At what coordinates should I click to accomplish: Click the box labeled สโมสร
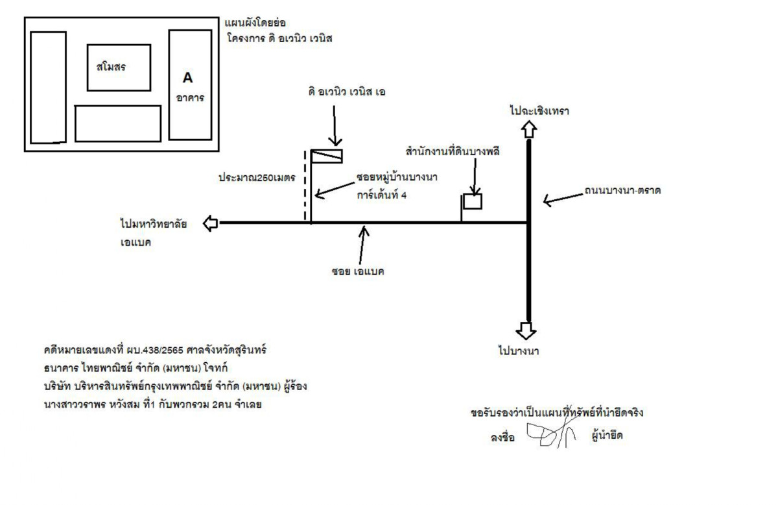click(119, 67)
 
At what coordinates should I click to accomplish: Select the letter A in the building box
click(187, 78)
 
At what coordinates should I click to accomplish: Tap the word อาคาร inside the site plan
click(190, 99)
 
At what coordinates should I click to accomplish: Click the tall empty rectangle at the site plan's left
click(48, 87)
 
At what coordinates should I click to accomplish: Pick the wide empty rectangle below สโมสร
click(117, 123)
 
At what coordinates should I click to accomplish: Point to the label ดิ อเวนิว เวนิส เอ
click(347, 92)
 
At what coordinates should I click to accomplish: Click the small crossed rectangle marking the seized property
click(327, 156)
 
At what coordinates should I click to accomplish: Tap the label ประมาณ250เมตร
click(257, 177)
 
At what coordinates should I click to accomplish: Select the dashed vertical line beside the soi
click(305, 185)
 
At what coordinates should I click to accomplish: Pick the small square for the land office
click(473, 201)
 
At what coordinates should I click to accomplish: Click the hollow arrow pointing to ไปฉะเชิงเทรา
click(529, 130)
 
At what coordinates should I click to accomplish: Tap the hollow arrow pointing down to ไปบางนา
click(526, 330)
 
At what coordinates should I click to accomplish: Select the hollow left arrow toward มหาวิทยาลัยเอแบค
click(210, 223)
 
